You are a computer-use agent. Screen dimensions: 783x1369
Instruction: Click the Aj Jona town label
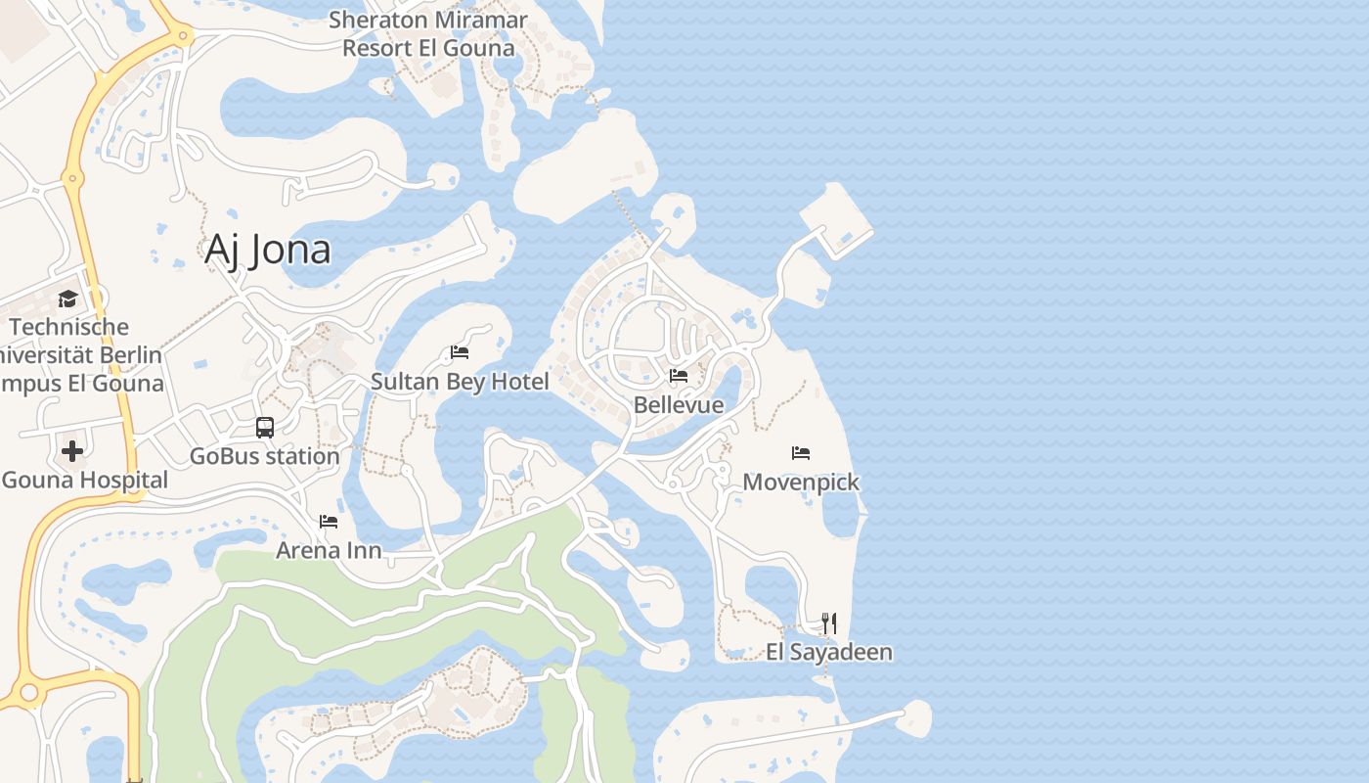267,251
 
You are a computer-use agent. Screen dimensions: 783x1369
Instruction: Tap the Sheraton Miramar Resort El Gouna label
428,33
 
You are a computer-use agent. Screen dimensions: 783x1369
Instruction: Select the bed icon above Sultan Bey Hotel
460,352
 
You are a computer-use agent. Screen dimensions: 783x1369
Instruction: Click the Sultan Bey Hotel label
460,382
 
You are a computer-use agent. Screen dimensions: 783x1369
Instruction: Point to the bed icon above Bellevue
679,376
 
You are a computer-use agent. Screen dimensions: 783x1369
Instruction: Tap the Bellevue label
679,405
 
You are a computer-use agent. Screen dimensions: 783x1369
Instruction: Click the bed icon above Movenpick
801,452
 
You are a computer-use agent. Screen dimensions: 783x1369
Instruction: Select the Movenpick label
801,482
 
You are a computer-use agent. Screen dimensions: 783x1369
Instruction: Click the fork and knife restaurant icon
828,622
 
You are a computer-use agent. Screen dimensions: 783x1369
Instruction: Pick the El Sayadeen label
828,652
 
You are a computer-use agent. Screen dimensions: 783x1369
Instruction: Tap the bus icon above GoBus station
265,427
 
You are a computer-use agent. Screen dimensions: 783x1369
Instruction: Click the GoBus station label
264,456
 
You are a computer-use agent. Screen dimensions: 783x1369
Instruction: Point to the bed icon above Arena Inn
329,521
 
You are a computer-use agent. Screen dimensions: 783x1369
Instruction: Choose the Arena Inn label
329,550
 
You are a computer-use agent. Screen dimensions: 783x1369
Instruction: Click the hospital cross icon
72,451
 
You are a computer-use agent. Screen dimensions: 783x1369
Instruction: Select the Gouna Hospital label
84,481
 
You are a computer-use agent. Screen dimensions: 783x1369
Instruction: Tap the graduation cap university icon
67,299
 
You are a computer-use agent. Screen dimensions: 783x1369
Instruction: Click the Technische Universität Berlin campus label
78,354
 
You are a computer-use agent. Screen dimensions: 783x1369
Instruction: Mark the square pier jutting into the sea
836,220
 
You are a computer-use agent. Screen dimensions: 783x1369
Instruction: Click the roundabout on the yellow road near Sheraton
184,36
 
